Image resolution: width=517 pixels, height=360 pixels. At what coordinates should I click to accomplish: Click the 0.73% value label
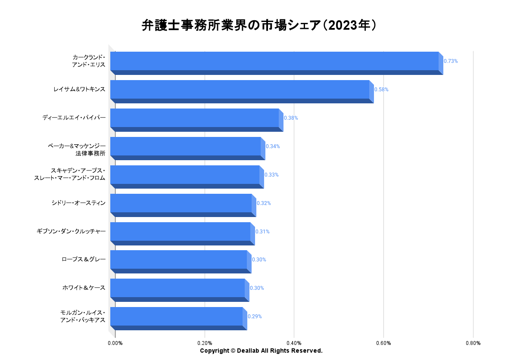point(451,61)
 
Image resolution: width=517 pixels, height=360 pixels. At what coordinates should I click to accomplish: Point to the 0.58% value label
point(381,90)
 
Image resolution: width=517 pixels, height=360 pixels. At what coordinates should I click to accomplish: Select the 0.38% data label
point(291,118)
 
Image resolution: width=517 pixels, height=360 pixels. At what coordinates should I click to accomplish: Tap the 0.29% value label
point(255,317)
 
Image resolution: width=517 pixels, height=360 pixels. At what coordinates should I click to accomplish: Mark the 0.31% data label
point(262,232)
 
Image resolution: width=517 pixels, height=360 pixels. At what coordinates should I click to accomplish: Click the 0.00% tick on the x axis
point(115,343)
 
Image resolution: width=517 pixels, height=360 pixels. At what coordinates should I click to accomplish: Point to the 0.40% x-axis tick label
point(294,343)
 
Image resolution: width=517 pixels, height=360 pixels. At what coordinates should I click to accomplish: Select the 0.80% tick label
point(473,343)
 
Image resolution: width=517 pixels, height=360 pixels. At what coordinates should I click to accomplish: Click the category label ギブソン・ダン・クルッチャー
point(71,232)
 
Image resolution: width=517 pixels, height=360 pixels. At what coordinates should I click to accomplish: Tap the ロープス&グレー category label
point(84,260)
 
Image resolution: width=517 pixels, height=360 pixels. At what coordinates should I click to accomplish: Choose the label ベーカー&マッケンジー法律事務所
point(77,150)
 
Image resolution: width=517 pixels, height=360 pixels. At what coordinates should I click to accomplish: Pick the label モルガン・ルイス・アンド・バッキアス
point(83,316)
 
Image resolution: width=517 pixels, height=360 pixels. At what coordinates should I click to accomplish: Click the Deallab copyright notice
point(261,351)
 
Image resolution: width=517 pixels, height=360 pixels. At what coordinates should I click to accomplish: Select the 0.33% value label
point(271,175)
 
